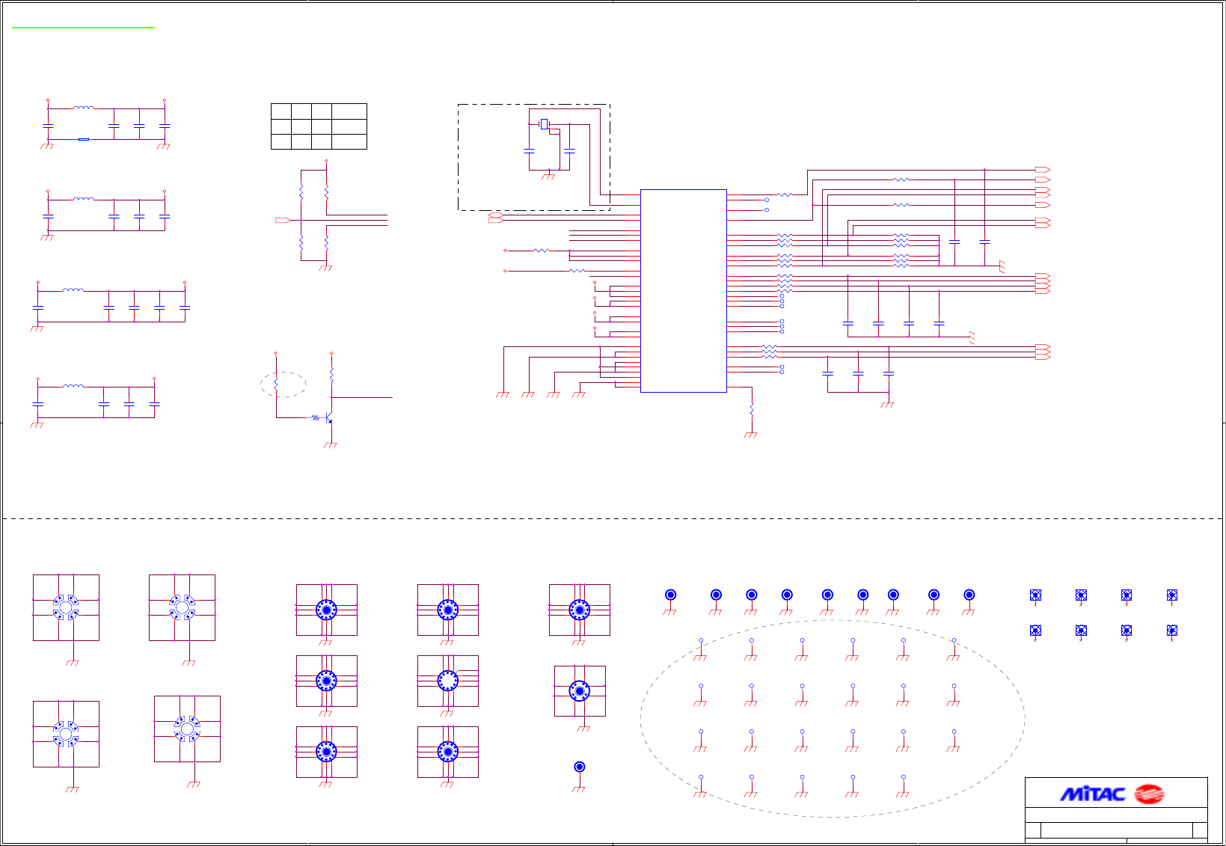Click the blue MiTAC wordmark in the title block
point(1092,794)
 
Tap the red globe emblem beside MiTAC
point(1149,794)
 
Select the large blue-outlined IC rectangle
point(683,290)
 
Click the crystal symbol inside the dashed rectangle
point(545,124)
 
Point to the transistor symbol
point(328,418)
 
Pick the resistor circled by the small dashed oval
point(276,384)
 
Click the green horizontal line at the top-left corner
point(83,28)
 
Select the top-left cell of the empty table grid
point(281,111)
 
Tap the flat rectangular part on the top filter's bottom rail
point(84,139)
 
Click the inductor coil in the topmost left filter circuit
point(84,108)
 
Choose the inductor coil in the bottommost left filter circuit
point(73,386)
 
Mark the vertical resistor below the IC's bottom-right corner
point(751,410)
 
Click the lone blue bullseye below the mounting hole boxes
point(579,767)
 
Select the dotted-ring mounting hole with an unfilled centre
point(447,681)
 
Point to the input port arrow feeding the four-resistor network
point(282,220)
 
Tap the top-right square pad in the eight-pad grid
point(1171,595)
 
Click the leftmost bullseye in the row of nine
point(670,595)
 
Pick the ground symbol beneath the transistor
point(331,445)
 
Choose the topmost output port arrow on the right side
point(1042,170)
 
